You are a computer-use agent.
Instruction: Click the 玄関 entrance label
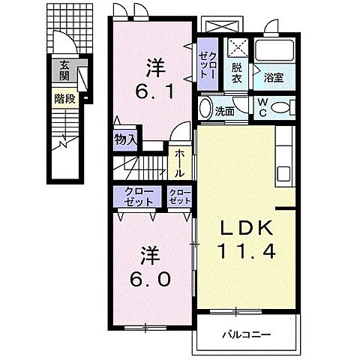pos(64,70)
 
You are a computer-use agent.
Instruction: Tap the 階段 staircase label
pos(65,99)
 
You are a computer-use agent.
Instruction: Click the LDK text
pos(246,228)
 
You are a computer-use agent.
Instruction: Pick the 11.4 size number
pos(247,250)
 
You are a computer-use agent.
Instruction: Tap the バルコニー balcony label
pos(247,334)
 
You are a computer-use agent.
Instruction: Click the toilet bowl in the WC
pos(280,108)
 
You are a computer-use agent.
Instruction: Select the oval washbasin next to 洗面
pos(205,108)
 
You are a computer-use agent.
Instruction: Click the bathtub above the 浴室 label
pos(274,50)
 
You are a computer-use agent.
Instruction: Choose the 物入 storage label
pos(125,139)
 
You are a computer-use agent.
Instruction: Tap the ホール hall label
pos(179,163)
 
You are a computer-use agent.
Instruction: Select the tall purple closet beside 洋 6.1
pos(208,64)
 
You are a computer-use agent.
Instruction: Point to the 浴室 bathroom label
pos(274,78)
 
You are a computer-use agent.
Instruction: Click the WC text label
pos(262,107)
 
